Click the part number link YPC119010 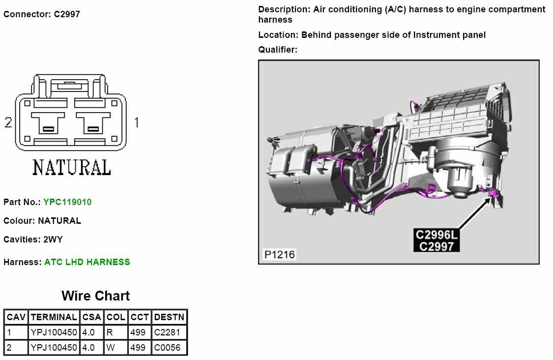click(67, 202)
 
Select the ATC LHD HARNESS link click(87, 262)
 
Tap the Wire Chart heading click(95, 296)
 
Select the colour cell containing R click(116, 332)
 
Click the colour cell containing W click(116, 348)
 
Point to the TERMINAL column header click(54, 317)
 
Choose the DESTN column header click(169, 317)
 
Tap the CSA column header click(92, 317)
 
